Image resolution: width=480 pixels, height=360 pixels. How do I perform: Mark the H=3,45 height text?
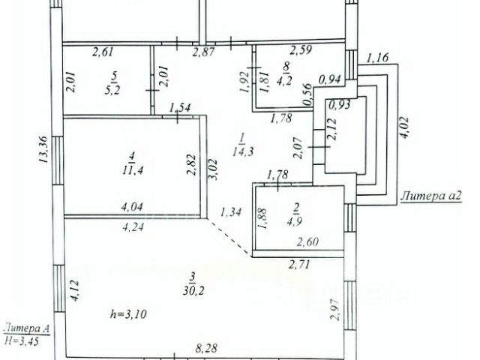tap(25, 340)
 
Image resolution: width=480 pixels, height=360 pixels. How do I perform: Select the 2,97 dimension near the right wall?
tap(335, 309)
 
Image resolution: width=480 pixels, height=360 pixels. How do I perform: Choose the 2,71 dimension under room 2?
tap(299, 265)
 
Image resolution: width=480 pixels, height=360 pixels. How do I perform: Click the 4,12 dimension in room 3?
tap(73, 291)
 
